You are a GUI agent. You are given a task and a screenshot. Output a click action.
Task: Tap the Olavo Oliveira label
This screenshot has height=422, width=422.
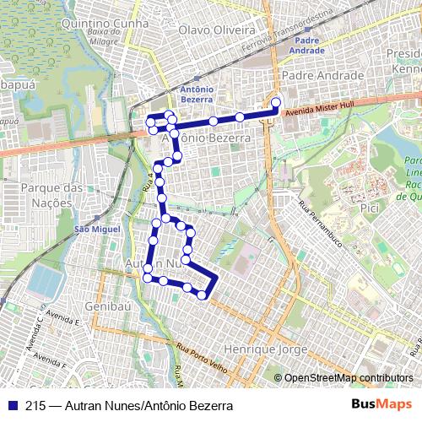[217, 30]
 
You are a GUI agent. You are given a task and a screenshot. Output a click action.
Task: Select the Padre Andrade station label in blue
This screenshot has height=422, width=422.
[308, 45]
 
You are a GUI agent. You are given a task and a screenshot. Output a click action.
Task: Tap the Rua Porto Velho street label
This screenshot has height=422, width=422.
[203, 354]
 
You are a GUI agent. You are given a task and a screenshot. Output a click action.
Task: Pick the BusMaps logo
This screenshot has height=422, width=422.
[382, 405]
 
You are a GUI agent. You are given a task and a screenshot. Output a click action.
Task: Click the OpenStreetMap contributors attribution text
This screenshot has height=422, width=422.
[349, 377]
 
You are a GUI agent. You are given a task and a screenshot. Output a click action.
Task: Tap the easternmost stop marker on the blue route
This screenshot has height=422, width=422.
[275, 103]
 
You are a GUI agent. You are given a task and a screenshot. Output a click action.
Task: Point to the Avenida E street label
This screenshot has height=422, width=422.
[63, 320]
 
